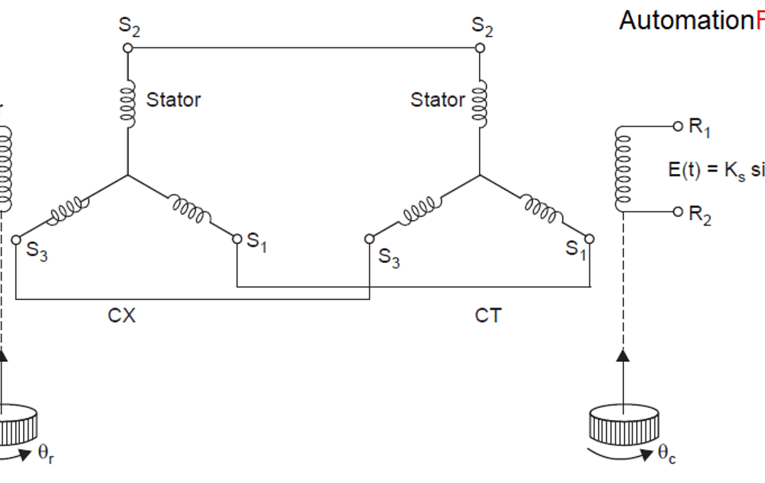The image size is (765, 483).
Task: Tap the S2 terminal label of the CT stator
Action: pos(482,27)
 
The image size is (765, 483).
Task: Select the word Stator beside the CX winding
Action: pos(173,100)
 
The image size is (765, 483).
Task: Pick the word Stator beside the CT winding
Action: pos(438,100)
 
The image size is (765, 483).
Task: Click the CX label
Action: pos(122,316)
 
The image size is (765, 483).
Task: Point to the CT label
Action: pos(488,316)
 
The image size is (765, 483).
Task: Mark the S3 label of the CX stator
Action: pos(37,253)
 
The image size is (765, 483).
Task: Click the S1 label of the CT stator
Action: pos(575,249)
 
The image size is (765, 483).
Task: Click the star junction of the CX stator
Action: pos(127,175)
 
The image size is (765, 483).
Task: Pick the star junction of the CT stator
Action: pos(481,175)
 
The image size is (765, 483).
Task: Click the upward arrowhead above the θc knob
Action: pos(622,355)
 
